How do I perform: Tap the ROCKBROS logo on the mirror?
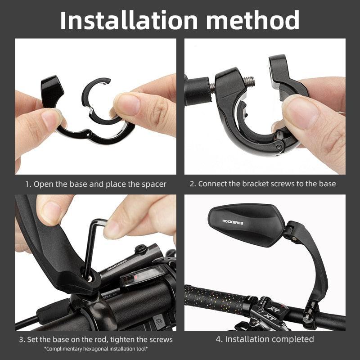click(x=233, y=221)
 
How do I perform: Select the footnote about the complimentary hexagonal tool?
click(x=96, y=349)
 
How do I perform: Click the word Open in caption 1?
click(x=43, y=184)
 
